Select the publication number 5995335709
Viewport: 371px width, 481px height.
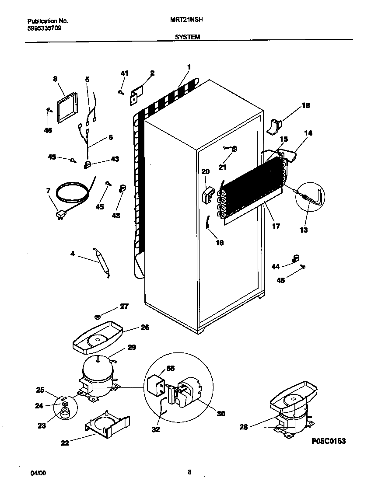[42, 28]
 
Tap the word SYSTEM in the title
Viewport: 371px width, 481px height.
[187, 38]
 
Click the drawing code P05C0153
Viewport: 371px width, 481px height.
[328, 441]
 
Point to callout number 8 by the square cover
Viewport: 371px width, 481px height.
[55, 79]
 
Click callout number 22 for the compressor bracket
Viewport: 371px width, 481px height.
[65, 443]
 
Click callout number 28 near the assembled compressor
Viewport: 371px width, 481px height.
[243, 427]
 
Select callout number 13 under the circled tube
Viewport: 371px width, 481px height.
[303, 230]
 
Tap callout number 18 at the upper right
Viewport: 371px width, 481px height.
[305, 105]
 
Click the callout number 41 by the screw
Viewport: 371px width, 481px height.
[125, 73]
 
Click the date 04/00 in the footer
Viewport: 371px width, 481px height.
[38, 473]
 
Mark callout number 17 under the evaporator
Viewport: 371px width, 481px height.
[276, 226]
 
